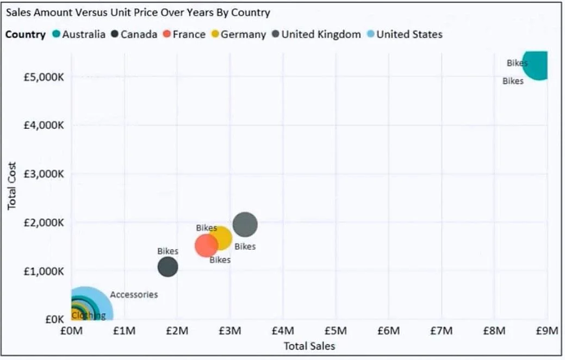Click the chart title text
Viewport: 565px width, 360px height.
pyautogui.click(x=138, y=13)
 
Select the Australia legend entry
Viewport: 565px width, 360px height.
pyautogui.click(x=79, y=34)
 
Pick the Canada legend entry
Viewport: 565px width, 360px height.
pyautogui.click(x=134, y=34)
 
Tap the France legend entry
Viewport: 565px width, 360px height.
pyautogui.click(x=184, y=34)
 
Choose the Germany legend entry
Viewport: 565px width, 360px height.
pyautogui.click(x=239, y=35)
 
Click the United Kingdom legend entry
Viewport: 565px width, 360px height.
pyautogui.click(x=316, y=34)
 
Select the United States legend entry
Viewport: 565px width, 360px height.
pyautogui.click(x=405, y=34)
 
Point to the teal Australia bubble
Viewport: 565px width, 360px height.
pyautogui.click(x=536, y=65)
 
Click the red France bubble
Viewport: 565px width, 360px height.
pyautogui.click(x=206, y=246)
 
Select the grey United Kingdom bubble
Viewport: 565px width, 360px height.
pyautogui.click(x=245, y=225)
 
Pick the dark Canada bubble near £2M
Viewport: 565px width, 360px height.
pyautogui.click(x=168, y=266)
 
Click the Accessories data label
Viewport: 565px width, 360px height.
pyautogui.click(x=134, y=295)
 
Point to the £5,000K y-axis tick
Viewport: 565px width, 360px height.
pyautogui.click(x=44, y=77)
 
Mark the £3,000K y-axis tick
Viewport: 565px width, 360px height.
pyautogui.click(x=44, y=174)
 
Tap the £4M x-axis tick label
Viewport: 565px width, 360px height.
pyautogui.click(x=283, y=331)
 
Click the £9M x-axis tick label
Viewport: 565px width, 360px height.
pyautogui.click(x=547, y=331)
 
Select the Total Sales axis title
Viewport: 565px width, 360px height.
pyautogui.click(x=309, y=346)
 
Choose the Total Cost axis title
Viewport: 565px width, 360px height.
pyautogui.click(x=12, y=185)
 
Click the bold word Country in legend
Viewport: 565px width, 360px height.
pyautogui.click(x=26, y=35)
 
